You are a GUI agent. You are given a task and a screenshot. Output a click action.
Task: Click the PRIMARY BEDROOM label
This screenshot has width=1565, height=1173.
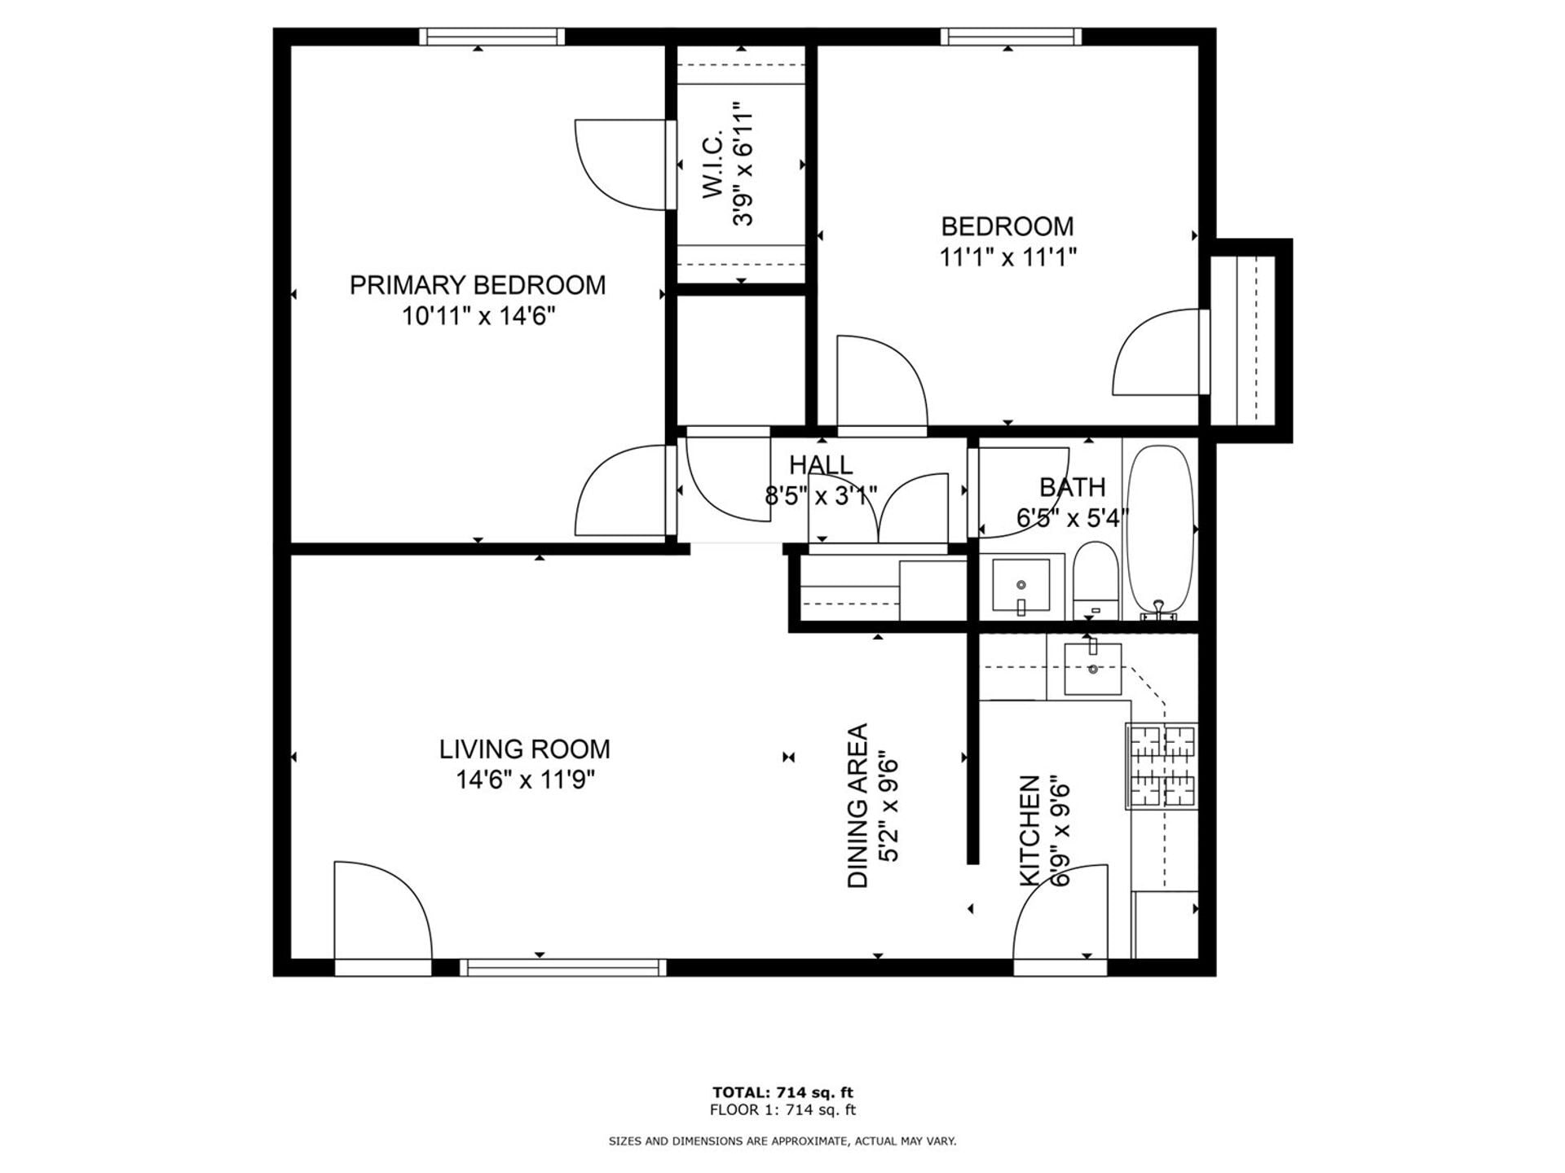tap(477, 285)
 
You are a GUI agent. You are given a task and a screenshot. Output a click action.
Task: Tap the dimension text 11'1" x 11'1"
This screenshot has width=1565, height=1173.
tap(1007, 257)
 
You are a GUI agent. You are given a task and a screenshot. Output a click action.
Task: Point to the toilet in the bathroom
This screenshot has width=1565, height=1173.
tap(1095, 580)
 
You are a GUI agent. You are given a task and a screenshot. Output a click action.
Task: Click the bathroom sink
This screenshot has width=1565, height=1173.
tap(1021, 586)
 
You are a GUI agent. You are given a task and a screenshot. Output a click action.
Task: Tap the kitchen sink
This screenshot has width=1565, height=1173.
tap(1092, 669)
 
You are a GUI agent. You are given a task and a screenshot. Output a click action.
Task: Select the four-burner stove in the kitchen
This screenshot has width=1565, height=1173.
tap(1162, 766)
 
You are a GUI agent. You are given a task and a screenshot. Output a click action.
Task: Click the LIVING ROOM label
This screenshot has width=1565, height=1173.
tap(524, 749)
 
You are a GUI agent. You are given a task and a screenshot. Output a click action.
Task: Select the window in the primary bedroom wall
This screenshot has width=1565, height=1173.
tap(492, 37)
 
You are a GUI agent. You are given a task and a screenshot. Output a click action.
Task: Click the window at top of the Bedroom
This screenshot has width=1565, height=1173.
tap(1011, 37)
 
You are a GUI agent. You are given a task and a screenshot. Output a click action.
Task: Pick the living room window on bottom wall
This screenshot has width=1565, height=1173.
tap(562, 967)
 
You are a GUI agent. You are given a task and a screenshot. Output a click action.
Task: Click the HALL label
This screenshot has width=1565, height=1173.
tap(821, 465)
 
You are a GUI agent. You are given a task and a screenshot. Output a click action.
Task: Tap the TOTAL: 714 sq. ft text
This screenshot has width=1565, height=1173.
tap(782, 1092)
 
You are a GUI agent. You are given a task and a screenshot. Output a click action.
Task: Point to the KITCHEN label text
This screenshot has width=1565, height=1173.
tap(1030, 831)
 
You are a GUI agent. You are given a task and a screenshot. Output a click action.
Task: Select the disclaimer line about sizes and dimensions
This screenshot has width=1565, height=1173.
tap(782, 1141)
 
